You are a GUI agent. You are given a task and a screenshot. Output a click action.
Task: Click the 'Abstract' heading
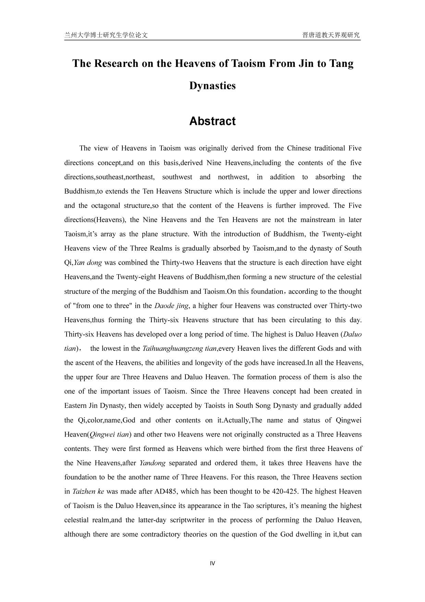(x=212, y=121)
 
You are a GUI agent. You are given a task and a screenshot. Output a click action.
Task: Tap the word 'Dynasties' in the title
(x=212, y=85)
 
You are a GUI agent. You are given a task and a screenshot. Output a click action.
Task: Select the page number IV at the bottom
(x=212, y=563)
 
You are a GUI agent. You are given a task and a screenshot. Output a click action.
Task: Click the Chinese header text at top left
(x=106, y=35)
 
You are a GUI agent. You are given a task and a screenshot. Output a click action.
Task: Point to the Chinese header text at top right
(x=331, y=35)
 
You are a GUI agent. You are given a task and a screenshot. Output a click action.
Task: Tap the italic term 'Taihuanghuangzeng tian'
(x=180, y=349)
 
